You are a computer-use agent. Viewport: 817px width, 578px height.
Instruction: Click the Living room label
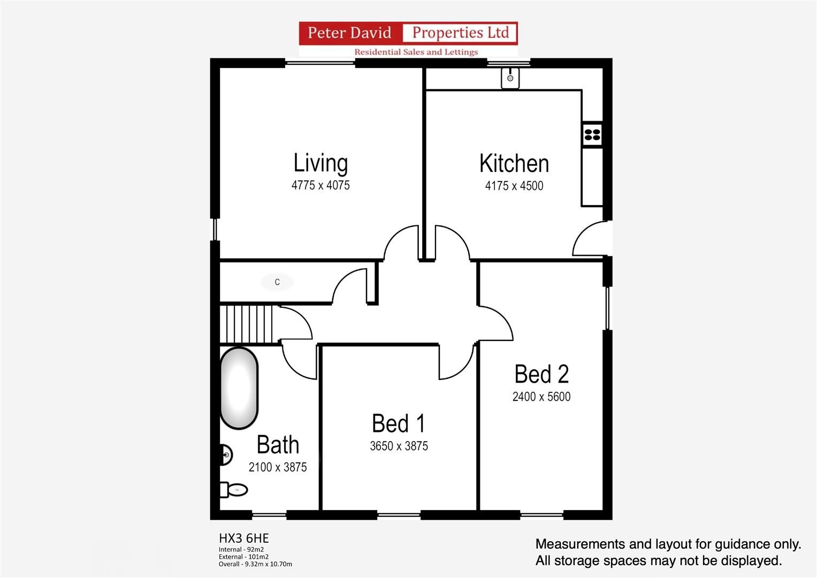click(x=320, y=163)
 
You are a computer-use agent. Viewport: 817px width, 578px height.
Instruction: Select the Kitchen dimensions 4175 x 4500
click(x=514, y=186)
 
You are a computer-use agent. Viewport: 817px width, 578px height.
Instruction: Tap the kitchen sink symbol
click(x=510, y=78)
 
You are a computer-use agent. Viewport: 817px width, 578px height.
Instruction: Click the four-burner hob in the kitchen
click(x=592, y=134)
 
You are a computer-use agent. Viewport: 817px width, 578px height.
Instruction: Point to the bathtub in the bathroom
click(x=239, y=388)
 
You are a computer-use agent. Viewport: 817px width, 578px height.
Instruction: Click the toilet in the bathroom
click(x=234, y=490)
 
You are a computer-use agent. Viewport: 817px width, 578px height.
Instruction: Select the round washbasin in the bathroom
click(x=226, y=455)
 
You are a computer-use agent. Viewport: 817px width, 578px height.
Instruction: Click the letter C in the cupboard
click(x=277, y=282)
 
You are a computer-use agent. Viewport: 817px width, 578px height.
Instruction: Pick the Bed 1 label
click(x=399, y=423)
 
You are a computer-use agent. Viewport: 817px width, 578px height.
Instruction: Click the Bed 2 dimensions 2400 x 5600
click(x=541, y=397)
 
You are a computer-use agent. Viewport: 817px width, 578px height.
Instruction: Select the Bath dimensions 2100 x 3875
click(x=278, y=467)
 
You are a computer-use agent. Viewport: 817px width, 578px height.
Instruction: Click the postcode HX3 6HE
click(x=243, y=538)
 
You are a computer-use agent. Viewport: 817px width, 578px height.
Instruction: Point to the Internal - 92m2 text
click(x=241, y=550)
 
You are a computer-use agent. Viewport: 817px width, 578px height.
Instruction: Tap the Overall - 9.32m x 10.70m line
click(x=255, y=564)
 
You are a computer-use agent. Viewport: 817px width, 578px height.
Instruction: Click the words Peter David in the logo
click(x=349, y=33)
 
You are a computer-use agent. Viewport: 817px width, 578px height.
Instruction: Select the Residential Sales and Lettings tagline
click(x=416, y=52)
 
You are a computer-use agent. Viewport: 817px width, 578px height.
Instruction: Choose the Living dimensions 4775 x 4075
click(x=320, y=186)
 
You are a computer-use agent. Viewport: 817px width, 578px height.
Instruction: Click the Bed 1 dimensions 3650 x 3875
click(x=399, y=446)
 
